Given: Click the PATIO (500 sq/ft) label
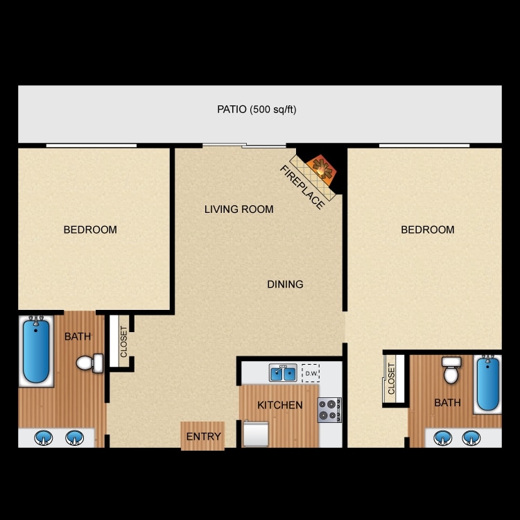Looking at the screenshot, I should pos(257,109).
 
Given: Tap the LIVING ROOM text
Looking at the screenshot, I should pos(239,209).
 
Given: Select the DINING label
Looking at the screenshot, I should pos(285,284).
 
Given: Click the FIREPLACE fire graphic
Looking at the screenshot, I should pos(320,166).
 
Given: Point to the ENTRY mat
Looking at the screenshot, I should pos(203,436).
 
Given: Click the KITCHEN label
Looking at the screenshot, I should pos(279,405).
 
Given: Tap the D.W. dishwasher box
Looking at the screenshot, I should pos(310,373).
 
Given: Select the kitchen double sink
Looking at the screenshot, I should pos(283,374).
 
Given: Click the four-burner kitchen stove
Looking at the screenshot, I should pos(329,409).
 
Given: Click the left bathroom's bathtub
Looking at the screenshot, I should pos(36,350).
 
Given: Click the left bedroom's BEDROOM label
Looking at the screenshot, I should pos(90,229).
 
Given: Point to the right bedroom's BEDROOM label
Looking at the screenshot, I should pos(428,229).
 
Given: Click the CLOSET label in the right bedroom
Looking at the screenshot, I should pos(391,379).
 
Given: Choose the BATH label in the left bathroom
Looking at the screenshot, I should pos(78,337).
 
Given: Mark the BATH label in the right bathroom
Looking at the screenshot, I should pos(447,402).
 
